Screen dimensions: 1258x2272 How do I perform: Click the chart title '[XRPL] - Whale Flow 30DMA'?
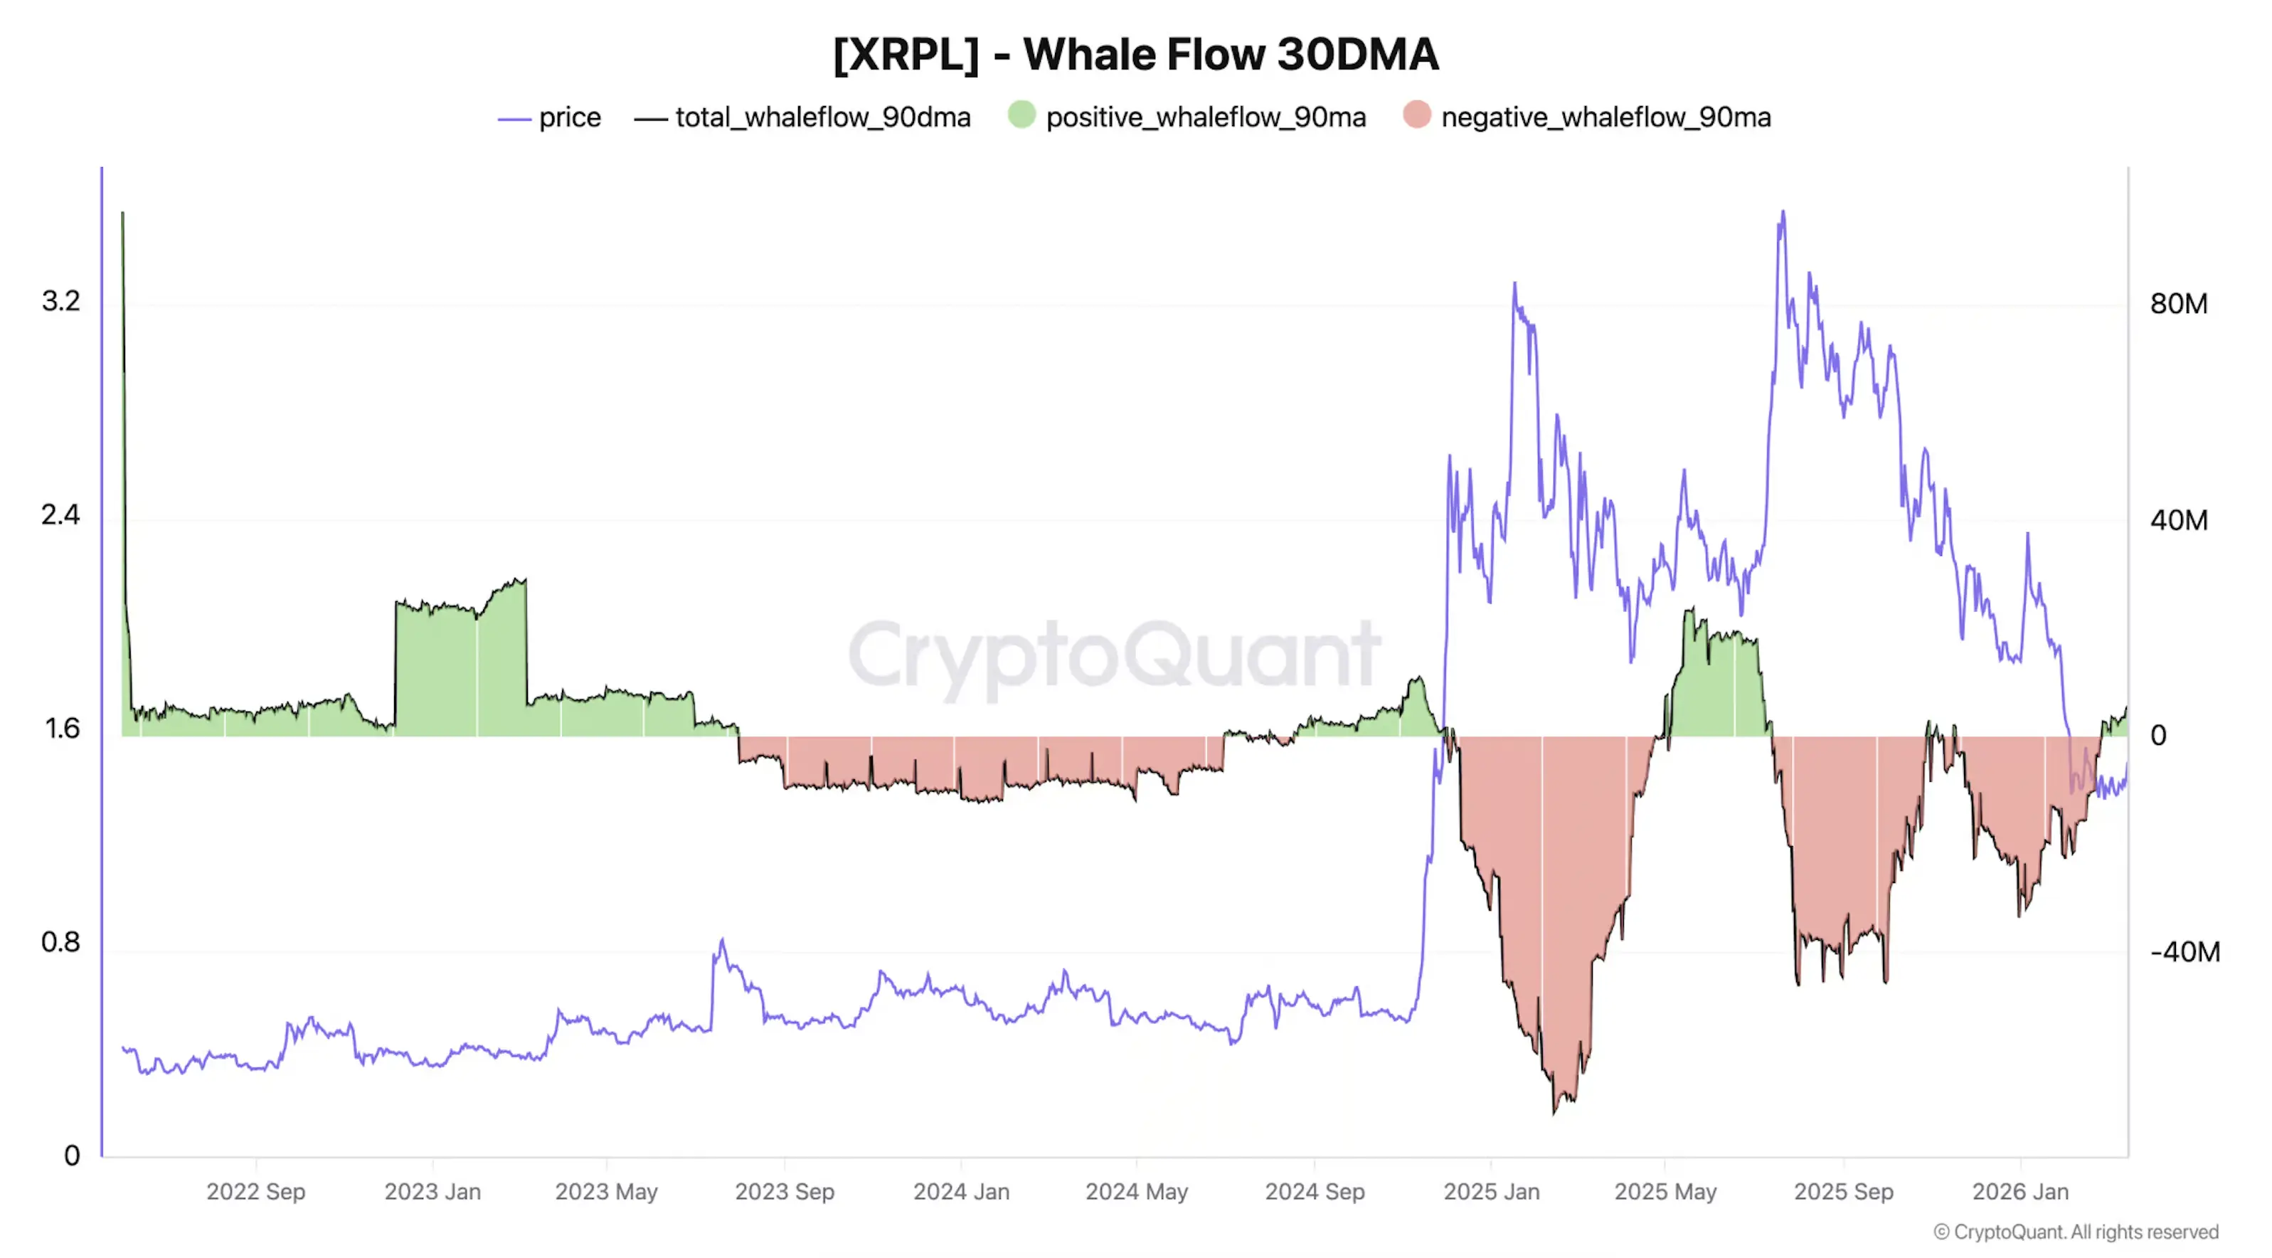point(1135,55)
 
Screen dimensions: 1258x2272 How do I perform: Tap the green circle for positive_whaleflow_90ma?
point(1021,115)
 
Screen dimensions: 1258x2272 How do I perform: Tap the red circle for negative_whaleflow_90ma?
point(1416,115)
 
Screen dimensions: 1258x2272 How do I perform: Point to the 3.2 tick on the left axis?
point(60,302)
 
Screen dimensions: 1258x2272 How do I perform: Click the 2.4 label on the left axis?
point(60,515)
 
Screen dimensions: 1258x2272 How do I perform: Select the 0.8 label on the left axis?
point(60,942)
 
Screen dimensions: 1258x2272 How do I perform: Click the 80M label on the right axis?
point(2177,305)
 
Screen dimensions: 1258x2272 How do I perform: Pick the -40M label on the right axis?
point(2184,952)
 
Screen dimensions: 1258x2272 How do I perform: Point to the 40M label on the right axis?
point(2177,521)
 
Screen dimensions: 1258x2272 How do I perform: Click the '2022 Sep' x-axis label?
point(256,1192)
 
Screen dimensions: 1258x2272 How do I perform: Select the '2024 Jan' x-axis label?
point(960,1192)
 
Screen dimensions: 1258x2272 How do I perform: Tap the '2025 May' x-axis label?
point(1665,1192)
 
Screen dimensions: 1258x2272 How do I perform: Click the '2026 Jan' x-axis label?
point(2019,1192)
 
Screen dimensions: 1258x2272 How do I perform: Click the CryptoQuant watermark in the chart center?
point(1113,654)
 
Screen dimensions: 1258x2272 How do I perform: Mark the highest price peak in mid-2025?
point(1783,213)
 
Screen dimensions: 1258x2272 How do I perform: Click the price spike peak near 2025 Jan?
point(1514,284)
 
